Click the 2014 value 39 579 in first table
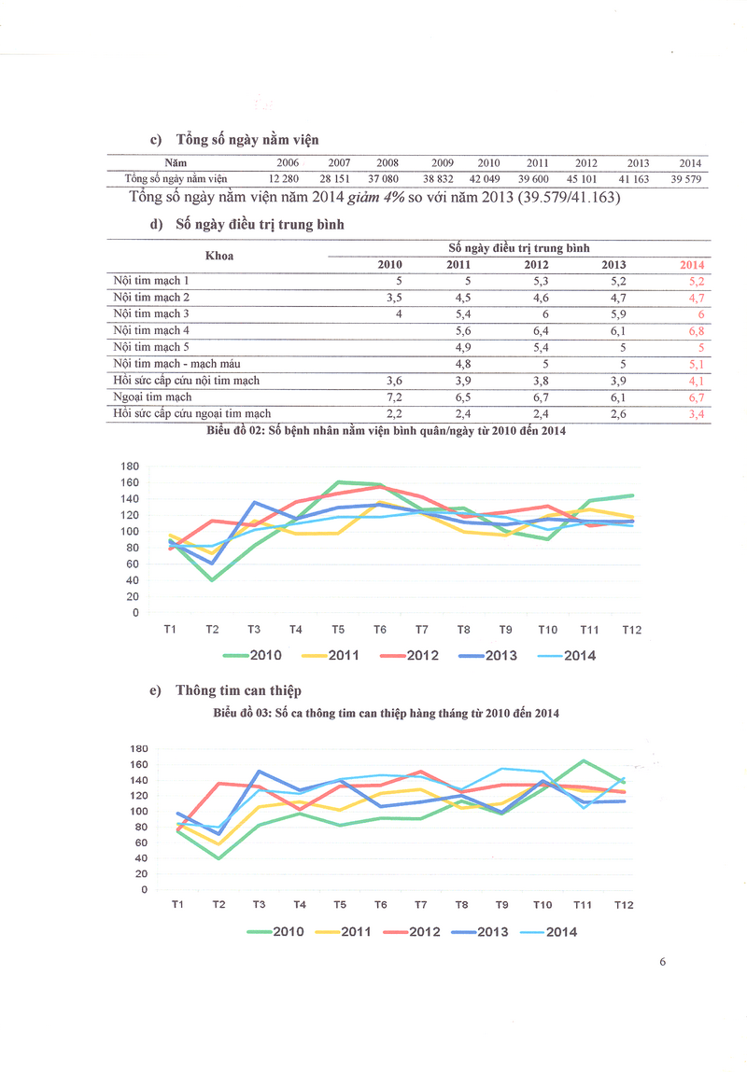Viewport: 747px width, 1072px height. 685,179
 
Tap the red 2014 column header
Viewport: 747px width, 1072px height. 692,265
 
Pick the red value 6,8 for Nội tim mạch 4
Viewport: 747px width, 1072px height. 695,330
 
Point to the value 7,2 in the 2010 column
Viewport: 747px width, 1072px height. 393,397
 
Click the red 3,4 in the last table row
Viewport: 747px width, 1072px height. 696,414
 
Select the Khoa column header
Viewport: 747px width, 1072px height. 218,256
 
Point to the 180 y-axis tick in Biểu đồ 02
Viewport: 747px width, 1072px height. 130,466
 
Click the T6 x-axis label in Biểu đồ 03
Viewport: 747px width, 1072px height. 380,905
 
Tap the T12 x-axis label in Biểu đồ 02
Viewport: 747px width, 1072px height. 631,630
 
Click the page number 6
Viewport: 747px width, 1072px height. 662,963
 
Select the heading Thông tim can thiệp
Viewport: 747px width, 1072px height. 238,690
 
